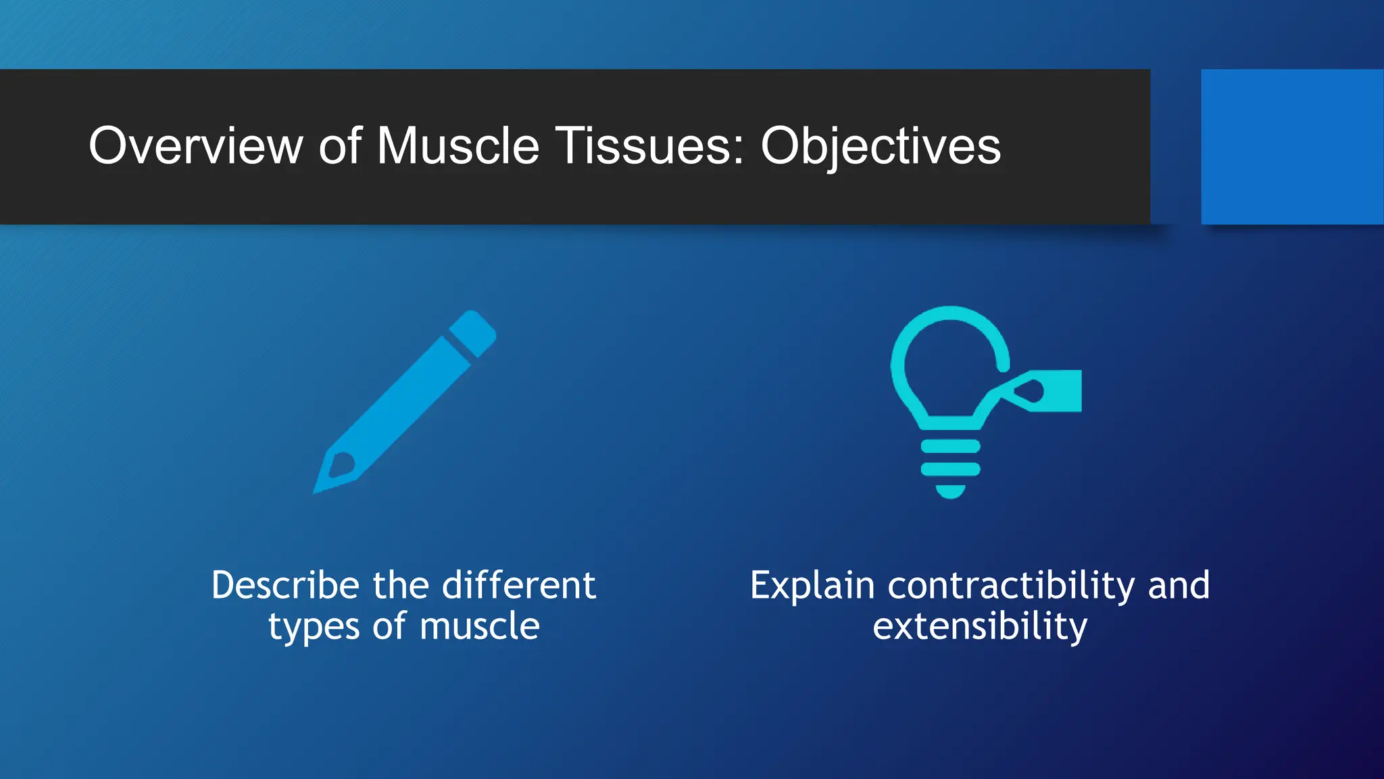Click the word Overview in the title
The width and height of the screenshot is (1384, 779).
coord(196,146)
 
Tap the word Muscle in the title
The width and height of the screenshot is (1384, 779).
coord(458,146)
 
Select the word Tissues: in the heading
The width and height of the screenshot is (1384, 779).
coord(649,146)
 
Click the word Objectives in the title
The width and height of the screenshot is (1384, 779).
coord(880,147)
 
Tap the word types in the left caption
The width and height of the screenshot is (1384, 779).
coord(314,627)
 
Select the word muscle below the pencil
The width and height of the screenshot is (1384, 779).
coord(479,626)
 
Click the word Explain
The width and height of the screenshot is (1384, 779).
coord(812,586)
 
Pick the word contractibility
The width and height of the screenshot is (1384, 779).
coord(1011,585)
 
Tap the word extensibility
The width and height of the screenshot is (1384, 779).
coord(980,627)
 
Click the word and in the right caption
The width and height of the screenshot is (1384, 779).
coord(1179,585)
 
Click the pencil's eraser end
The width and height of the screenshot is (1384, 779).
coord(474,332)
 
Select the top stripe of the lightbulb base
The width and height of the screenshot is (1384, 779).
coord(950,446)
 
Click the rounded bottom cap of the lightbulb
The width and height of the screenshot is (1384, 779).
coord(950,492)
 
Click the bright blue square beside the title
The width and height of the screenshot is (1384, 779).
coord(1291,146)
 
